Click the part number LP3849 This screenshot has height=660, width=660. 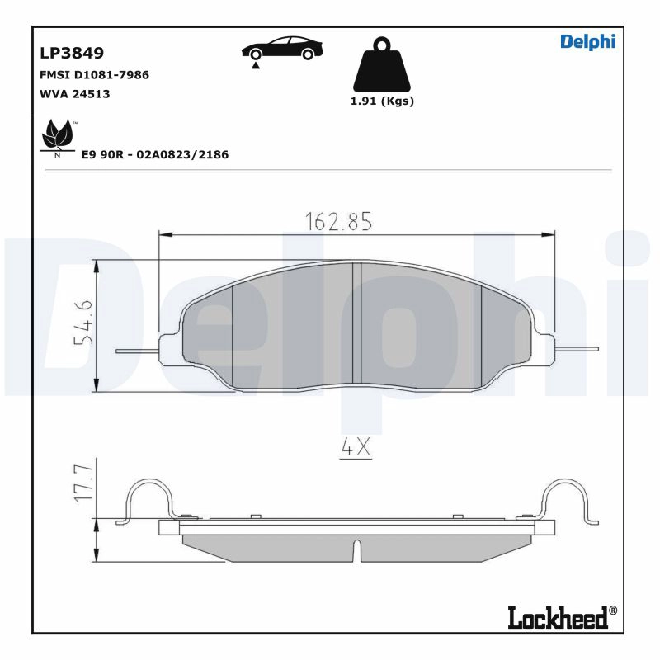[72, 54]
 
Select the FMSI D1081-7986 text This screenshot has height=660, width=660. [94, 75]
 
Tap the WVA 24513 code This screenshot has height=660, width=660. [74, 94]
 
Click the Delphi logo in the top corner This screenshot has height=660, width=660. [587, 42]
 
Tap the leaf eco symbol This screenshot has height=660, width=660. [58, 136]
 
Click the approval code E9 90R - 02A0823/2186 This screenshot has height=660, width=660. [154, 154]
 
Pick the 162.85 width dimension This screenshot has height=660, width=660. [339, 221]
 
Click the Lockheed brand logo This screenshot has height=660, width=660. [558, 616]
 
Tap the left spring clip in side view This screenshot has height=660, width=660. [149, 500]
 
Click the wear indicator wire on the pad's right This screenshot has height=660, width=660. [577, 349]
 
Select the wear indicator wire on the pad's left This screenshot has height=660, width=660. [136, 351]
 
